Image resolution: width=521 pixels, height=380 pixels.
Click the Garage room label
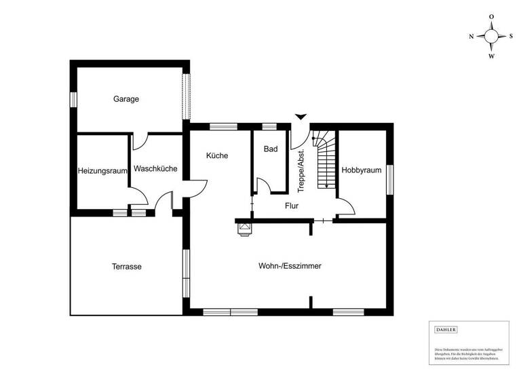pos(126,99)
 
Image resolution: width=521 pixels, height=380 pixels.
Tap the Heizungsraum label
pos(102,171)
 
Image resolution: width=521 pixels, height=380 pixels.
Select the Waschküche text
pos(156,168)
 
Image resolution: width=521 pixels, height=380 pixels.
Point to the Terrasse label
pos(127,267)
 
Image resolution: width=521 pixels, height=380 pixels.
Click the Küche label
pos(217,155)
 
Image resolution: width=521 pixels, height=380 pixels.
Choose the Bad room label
pos(271,149)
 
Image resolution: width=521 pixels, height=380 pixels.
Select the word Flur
pos(292,205)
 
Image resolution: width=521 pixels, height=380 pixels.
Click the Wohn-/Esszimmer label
pos(290,266)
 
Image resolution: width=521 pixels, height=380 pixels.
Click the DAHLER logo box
pos(446,329)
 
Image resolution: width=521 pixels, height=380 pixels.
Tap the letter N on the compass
pos(471,37)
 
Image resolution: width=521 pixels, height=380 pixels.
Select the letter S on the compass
pos(511,37)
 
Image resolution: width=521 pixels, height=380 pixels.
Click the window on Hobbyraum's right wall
pos(390,180)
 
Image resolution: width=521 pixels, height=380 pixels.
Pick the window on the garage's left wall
pos(73,99)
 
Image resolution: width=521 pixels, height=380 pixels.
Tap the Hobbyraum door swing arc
pos(345,206)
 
